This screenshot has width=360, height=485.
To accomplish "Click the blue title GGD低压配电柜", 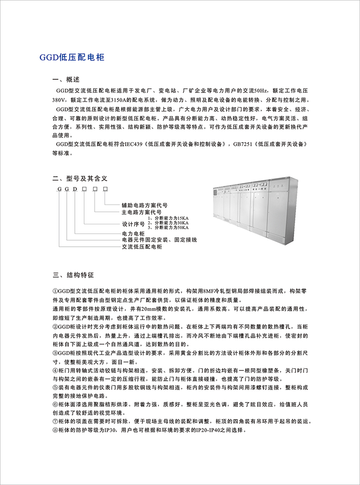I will pos(72,58).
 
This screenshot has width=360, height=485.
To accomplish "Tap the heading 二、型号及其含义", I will pos(80,178).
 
